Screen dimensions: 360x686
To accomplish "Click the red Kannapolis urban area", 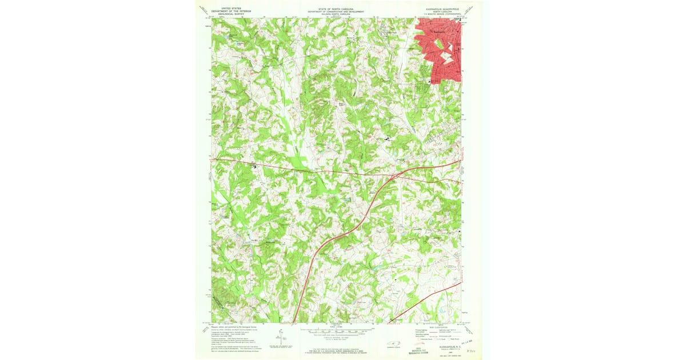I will (443, 51).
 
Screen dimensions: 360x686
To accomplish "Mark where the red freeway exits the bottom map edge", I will (294, 322).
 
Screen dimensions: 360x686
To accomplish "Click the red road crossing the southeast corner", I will (434, 297).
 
